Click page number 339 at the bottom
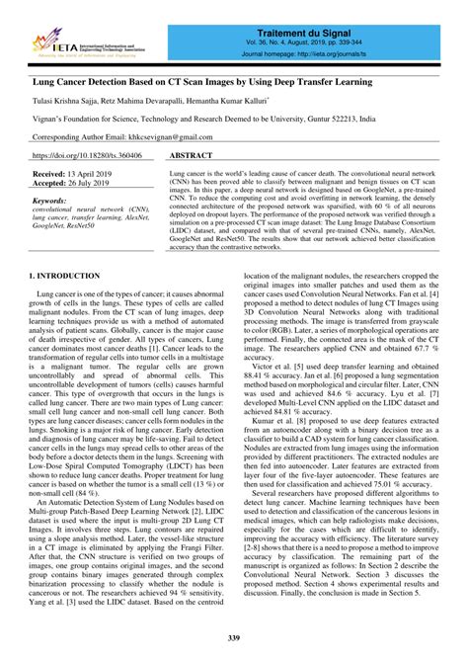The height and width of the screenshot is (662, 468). tap(233, 641)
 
